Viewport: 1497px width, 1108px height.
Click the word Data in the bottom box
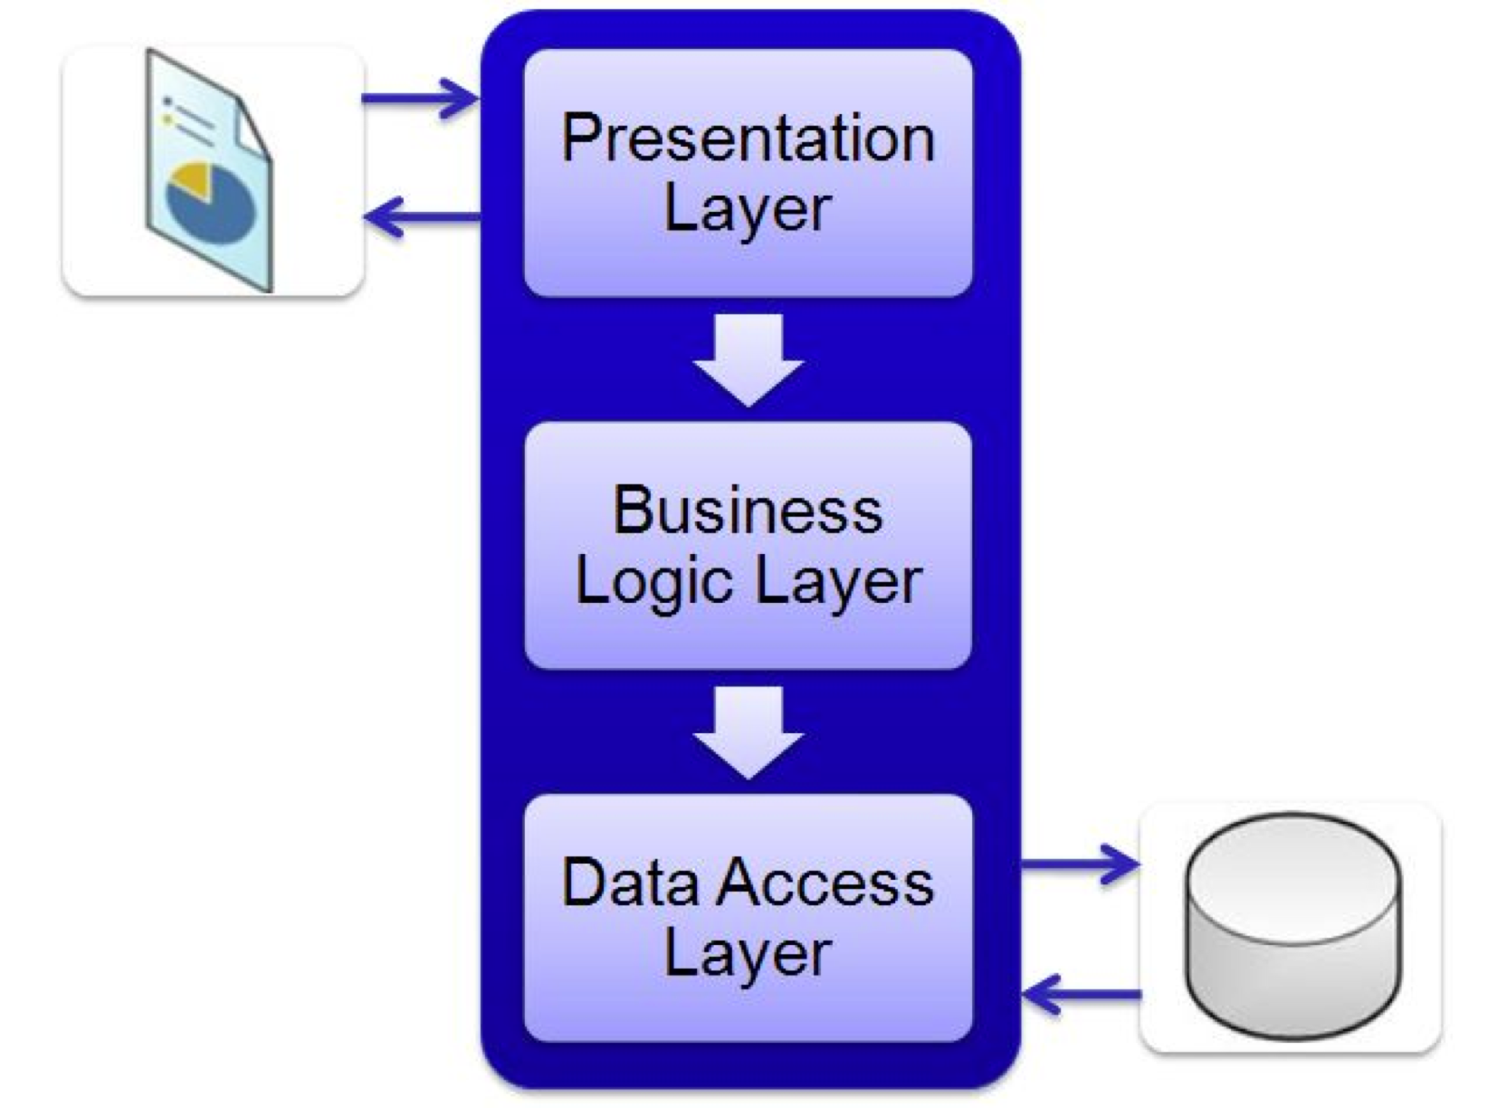pos(629,882)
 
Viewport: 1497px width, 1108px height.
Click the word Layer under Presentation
pos(748,210)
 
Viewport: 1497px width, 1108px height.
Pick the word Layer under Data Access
pos(748,953)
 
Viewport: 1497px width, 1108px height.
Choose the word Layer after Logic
pos(838,581)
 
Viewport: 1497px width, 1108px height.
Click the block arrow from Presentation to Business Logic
pos(748,358)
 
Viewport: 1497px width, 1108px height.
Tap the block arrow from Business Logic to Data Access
pos(748,731)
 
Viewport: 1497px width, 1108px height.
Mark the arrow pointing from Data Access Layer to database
pos(1079,864)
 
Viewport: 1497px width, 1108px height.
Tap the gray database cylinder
pos(1292,941)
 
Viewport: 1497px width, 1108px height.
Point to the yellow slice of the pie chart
pos(192,179)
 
